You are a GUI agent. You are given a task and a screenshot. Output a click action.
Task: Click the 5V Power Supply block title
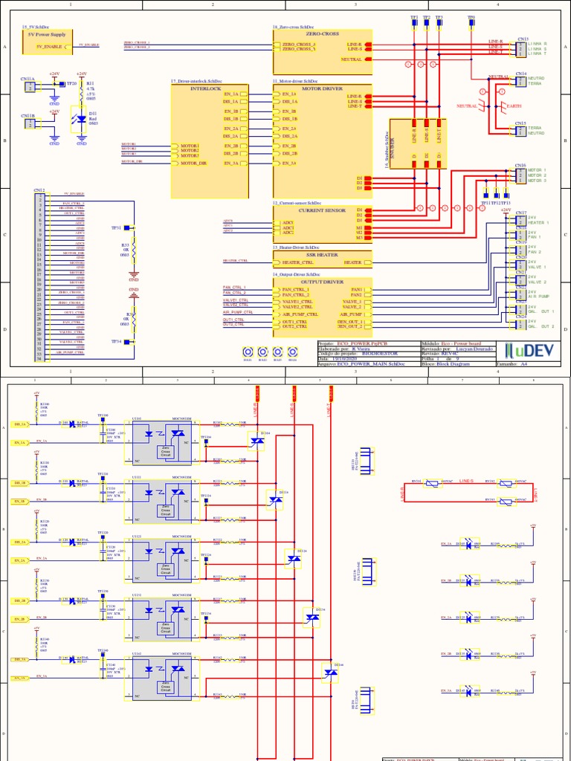click(46, 34)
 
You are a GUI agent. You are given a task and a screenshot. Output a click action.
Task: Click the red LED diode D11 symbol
click(82, 119)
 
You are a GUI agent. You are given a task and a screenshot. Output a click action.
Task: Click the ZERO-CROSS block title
click(322, 34)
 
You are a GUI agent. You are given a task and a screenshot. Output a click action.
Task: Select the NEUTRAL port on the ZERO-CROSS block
click(352, 59)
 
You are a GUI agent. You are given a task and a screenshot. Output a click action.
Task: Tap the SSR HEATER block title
click(321, 255)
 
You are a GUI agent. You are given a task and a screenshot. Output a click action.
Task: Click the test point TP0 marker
click(471, 24)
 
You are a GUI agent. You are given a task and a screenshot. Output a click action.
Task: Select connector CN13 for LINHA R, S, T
click(519, 49)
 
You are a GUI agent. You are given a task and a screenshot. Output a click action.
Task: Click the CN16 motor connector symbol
click(520, 175)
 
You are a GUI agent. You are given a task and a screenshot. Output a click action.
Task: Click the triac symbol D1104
click(257, 441)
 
